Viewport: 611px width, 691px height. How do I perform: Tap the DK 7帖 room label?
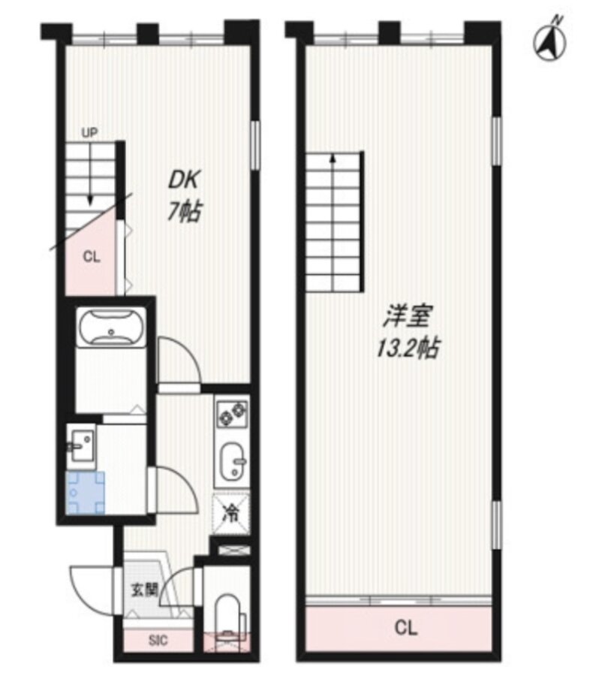click(x=184, y=196)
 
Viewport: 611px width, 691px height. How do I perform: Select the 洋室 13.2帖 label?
click(x=408, y=331)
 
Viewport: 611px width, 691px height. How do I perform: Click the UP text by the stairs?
click(x=89, y=132)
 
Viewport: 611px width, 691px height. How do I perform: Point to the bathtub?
click(x=111, y=327)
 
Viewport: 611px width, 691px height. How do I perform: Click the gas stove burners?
click(x=232, y=413)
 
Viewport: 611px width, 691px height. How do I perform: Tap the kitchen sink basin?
click(x=233, y=461)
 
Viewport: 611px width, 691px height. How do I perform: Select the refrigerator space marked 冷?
click(x=231, y=514)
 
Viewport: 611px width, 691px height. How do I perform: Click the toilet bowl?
click(x=227, y=617)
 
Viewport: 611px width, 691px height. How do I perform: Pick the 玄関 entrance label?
click(x=144, y=589)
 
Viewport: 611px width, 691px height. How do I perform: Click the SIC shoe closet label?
click(x=158, y=640)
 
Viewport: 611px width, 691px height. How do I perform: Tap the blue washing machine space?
click(x=86, y=493)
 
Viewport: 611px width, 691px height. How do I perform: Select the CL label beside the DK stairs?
click(x=92, y=256)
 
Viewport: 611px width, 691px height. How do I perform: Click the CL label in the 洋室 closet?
click(x=406, y=628)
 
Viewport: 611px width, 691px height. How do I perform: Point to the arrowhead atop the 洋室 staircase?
click(x=333, y=157)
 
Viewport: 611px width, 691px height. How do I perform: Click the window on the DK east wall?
click(x=254, y=144)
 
